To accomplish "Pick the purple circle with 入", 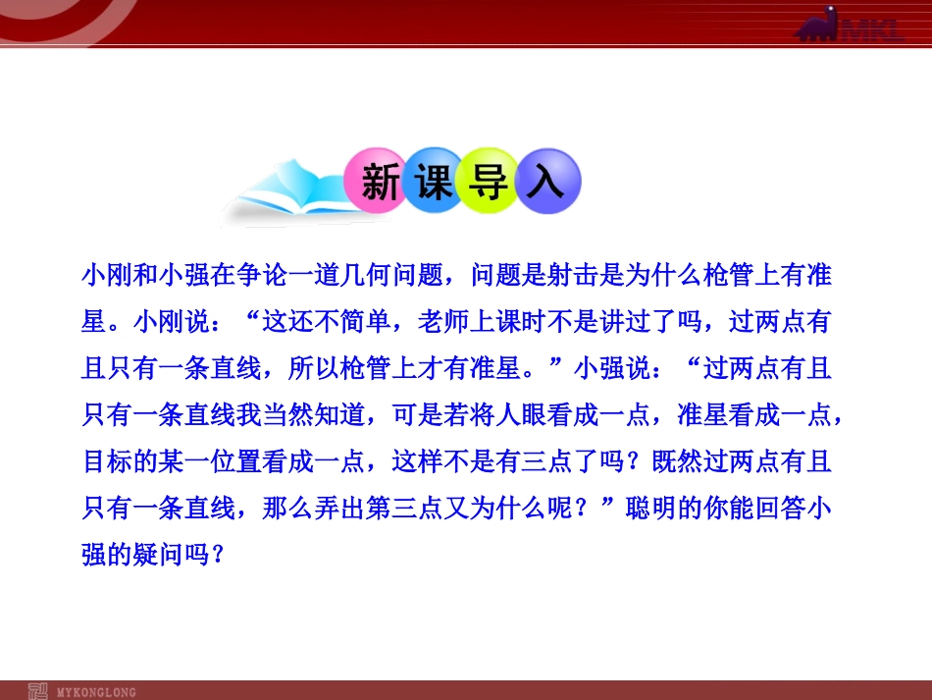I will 545,183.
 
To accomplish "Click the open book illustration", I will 285,196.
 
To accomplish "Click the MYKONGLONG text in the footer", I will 97,691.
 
